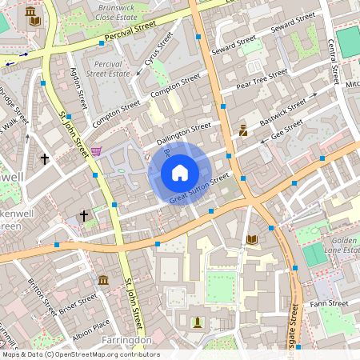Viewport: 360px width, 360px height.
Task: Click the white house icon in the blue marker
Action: pos(179,172)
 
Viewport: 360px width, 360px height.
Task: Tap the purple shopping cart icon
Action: pos(97,150)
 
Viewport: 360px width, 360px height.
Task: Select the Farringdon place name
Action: pos(127,340)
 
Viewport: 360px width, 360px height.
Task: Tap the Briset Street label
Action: pos(78,301)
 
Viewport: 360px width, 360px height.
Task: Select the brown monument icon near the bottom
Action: pos(197,322)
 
